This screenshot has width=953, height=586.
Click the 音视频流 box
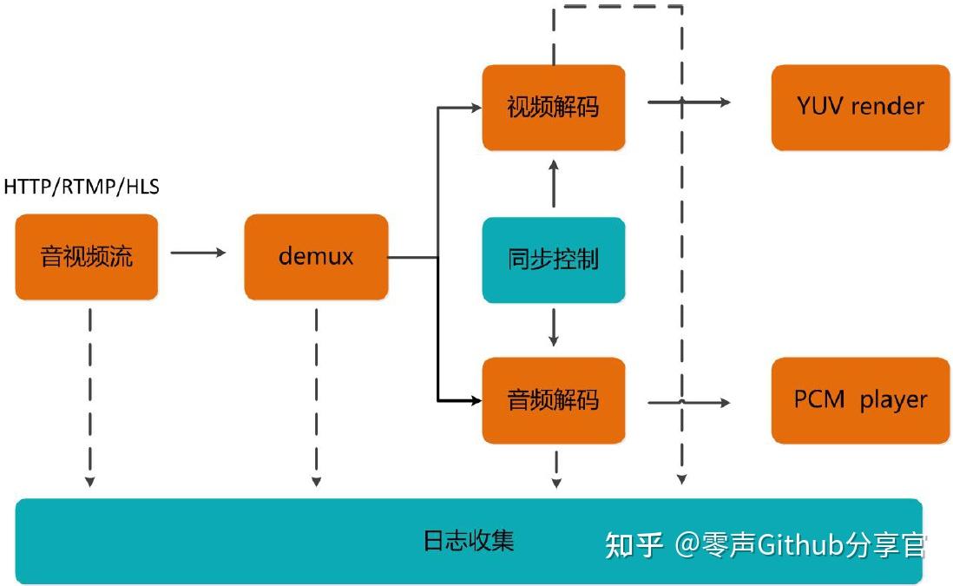[87, 257]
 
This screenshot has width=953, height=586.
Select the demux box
[316, 257]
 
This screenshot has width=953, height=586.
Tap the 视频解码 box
[553, 107]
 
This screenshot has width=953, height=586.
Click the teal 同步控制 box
[553, 260]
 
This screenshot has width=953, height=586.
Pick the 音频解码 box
[553, 400]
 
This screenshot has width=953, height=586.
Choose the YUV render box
[860, 107]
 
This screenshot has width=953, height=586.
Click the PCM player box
[860, 400]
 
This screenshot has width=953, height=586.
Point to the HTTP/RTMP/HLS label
[82, 187]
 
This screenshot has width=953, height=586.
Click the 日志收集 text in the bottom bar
[469, 541]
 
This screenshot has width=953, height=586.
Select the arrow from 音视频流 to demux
[198, 253]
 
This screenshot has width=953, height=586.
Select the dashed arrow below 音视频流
[89, 395]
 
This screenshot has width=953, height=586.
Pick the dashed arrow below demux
[316, 395]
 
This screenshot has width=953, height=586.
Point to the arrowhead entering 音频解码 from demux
[475, 400]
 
